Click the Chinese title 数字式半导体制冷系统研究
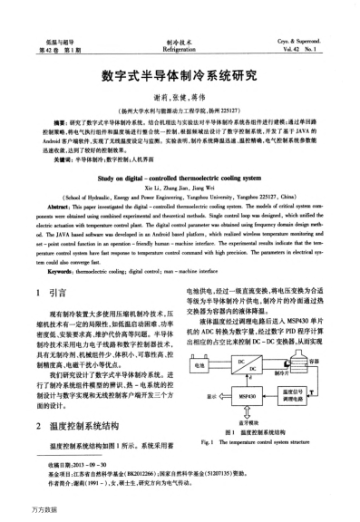[x=180, y=76]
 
